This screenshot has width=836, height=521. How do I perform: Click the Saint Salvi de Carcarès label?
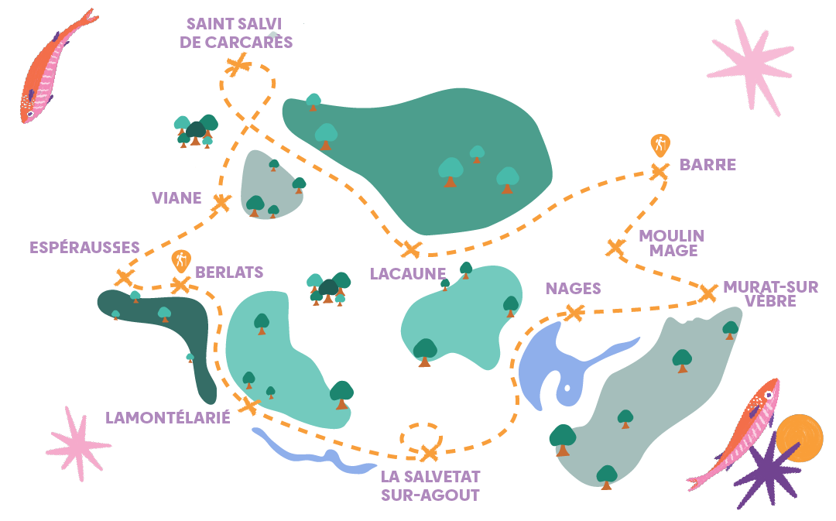click(236, 33)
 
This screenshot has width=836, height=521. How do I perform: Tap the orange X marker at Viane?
click(221, 203)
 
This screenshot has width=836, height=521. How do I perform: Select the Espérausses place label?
click(84, 248)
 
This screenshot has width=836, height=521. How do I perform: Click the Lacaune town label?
click(408, 273)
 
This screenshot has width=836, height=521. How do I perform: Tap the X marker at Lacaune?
click(411, 249)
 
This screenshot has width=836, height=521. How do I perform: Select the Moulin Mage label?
click(671, 242)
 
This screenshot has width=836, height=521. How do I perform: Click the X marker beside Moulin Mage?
click(615, 248)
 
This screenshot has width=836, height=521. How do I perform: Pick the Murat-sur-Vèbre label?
click(770, 294)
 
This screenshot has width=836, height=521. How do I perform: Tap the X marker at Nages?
click(574, 313)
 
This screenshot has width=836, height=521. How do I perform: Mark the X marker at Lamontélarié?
click(249, 405)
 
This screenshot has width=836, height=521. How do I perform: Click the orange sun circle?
click(800, 437)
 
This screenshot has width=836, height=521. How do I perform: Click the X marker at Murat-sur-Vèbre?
click(708, 293)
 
